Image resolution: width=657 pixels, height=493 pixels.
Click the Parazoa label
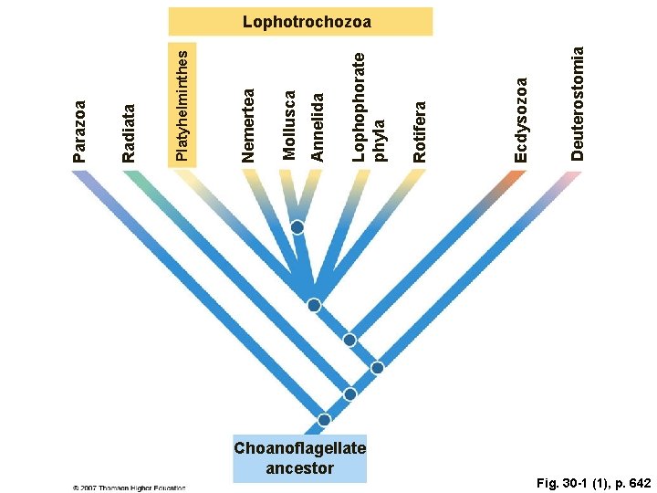pyautogui.click(x=79, y=131)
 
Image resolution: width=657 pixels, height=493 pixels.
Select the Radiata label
pyautogui.click(x=129, y=133)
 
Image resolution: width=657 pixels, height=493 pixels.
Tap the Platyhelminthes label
pyautogui.click(x=182, y=104)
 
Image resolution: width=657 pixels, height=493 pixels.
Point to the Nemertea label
pyautogui.click(x=247, y=125)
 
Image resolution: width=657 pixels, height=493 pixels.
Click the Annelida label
pyautogui.click(x=318, y=126)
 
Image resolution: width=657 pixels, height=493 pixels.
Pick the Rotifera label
pyautogui.click(x=419, y=131)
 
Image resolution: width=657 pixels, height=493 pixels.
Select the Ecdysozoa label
pyautogui.click(x=520, y=120)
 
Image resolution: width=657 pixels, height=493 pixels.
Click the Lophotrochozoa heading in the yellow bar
pyautogui.click(x=300, y=21)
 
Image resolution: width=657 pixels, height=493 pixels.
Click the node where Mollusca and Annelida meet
pyautogui.click(x=297, y=227)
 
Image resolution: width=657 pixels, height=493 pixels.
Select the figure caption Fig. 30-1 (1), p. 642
pyautogui.click(x=593, y=481)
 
